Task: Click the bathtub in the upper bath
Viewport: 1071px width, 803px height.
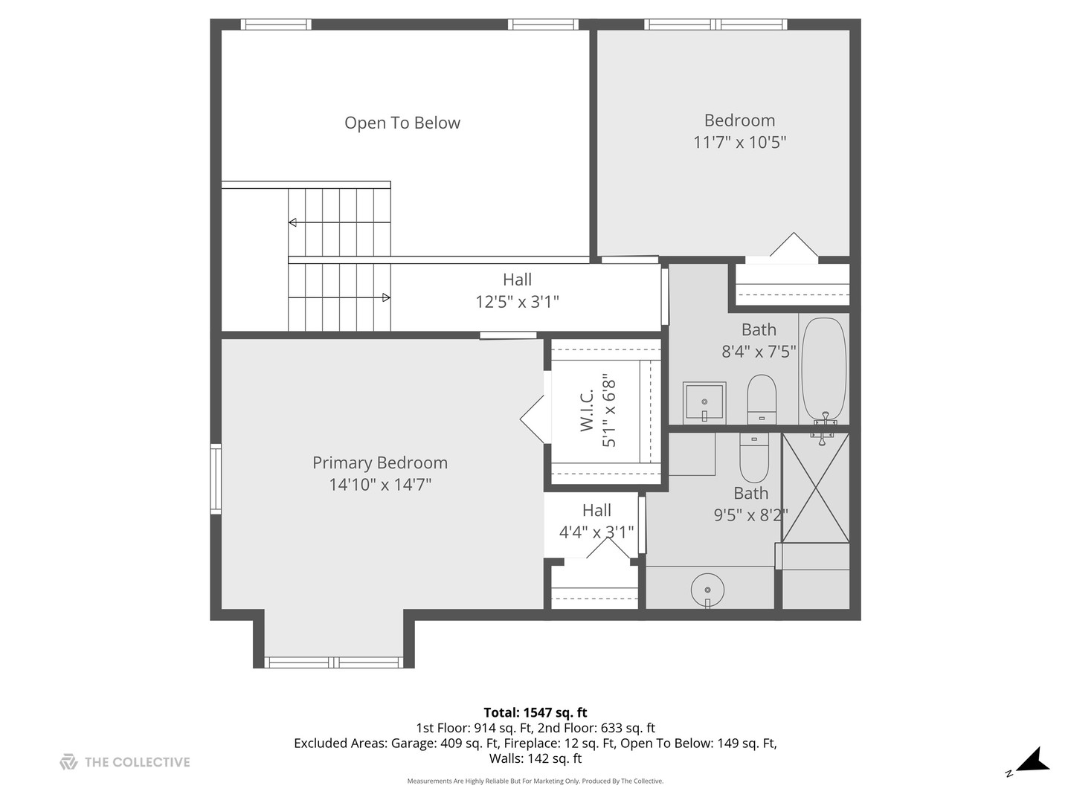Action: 823,370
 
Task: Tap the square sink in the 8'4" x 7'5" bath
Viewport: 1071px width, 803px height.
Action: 704,403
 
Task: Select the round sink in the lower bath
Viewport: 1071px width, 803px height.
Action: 707,590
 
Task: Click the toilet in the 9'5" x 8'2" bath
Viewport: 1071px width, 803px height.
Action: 753,458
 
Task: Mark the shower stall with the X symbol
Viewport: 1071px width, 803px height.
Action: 815,488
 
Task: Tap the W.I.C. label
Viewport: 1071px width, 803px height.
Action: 587,410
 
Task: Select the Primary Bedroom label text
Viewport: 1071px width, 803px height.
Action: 379,462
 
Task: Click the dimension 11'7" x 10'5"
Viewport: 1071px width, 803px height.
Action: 739,142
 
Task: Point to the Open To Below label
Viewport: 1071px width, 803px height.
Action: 402,123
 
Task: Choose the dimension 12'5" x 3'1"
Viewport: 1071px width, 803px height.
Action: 517,302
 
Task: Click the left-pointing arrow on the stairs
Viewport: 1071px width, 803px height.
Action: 292,222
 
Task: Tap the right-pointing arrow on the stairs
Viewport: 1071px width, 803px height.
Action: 386,297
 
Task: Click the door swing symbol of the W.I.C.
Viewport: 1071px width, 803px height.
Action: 533,420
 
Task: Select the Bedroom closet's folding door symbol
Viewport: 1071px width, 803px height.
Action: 794,245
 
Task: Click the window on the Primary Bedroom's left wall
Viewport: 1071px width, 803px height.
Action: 216,479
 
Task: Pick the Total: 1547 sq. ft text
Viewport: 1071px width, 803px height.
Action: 535,712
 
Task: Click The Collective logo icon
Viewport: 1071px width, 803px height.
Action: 68,761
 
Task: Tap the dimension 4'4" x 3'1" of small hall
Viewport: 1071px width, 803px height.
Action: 596,532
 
